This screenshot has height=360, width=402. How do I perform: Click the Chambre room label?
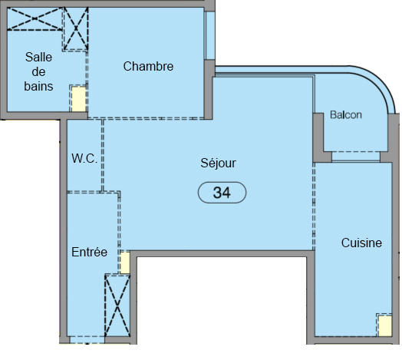coord(148,67)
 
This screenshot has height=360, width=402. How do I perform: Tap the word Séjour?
coord(218,163)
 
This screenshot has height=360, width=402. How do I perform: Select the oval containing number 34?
coord(222,193)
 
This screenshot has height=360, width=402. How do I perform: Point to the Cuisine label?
coord(361,243)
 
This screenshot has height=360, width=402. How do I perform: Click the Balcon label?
coord(345,115)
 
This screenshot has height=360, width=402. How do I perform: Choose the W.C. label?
coord(84,159)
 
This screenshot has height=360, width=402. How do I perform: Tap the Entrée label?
coord(89,252)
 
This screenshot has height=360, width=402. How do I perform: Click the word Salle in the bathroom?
coord(38,57)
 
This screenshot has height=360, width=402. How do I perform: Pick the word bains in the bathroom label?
coord(38,86)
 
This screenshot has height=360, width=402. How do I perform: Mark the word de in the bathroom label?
coord(38,71)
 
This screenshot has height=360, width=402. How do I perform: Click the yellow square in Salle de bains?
coord(78,98)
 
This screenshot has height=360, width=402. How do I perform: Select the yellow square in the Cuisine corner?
coord(384,325)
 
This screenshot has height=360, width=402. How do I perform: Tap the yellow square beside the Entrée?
coord(124,263)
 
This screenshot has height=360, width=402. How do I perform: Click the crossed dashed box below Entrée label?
coord(117,306)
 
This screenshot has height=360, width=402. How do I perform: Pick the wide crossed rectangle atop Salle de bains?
coord(34,19)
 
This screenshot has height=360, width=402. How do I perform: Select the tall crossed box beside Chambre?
coord(75,29)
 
